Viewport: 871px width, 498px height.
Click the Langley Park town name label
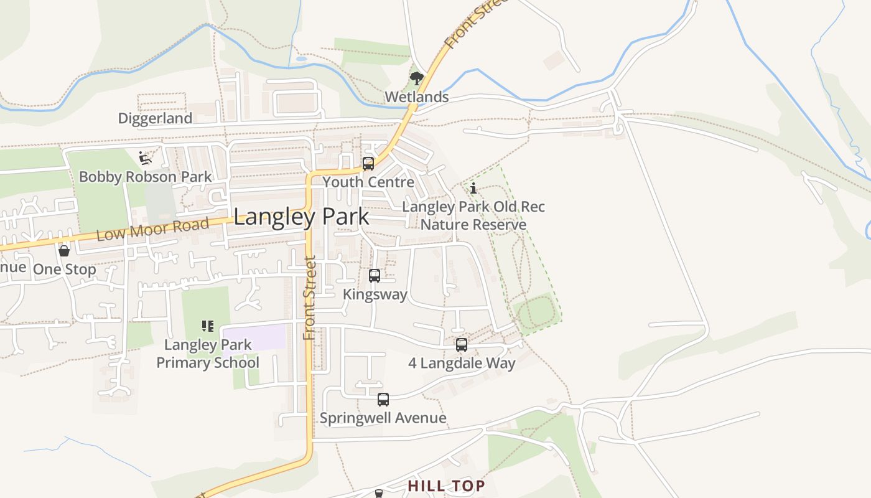point(301,217)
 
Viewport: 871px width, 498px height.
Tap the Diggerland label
point(155,118)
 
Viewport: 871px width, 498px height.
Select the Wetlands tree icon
point(416,78)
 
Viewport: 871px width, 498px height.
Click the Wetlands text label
point(416,97)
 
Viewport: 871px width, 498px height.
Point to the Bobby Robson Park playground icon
point(145,158)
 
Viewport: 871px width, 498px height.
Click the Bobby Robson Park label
point(145,177)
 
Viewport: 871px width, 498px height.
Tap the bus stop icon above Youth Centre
point(368,164)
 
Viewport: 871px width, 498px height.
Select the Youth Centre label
point(368,182)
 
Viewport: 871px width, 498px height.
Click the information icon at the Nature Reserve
point(473,188)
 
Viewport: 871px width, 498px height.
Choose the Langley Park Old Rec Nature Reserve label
point(473,215)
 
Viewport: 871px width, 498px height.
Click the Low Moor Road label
point(152,228)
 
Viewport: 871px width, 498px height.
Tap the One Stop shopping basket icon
point(64,251)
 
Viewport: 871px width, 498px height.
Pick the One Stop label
point(64,270)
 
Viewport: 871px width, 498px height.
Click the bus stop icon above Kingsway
point(375,276)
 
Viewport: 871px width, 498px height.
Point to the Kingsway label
point(375,294)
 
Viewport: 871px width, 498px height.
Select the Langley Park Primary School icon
point(208,326)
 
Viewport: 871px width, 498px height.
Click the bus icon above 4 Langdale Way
point(462,344)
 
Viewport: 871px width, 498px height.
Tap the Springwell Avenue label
point(383,418)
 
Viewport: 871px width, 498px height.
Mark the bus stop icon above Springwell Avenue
point(383,400)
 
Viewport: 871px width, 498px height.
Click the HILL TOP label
point(446,486)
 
